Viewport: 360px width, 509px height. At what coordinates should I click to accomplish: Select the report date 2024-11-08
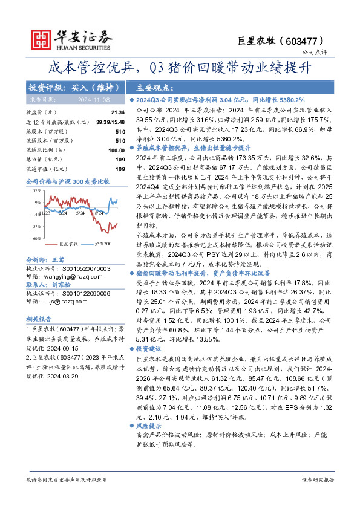93,99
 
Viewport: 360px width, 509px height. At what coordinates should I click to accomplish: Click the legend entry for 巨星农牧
68,243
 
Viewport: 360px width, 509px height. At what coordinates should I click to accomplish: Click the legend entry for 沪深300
102,243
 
